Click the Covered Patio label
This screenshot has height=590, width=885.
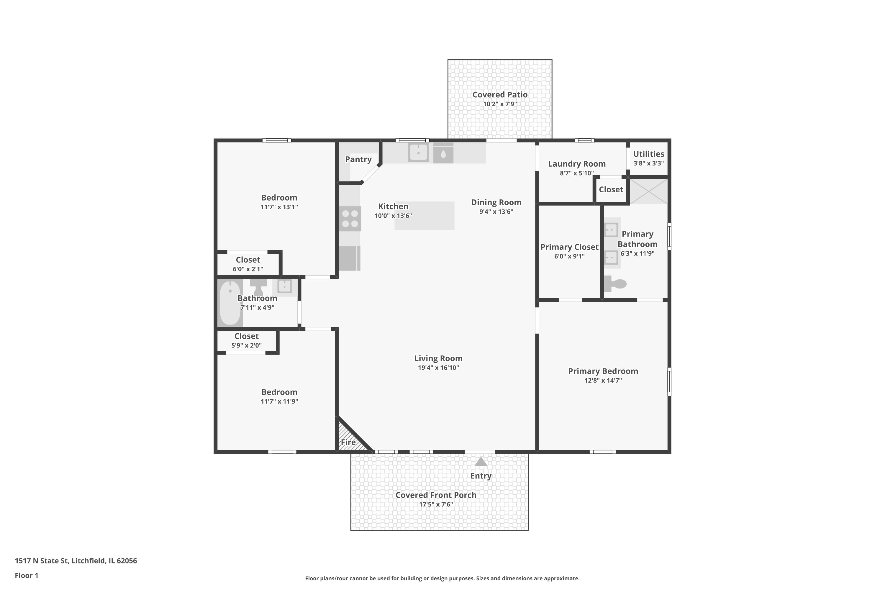pos(500,95)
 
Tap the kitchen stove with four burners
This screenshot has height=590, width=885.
pos(350,219)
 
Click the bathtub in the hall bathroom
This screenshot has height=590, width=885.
pos(230,303)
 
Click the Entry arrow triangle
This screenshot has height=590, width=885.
pos(481,462)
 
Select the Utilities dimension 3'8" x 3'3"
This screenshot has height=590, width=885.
pos(648,163)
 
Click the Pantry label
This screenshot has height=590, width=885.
pos(358,159)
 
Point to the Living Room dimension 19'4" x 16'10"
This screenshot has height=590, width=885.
pos(438,368)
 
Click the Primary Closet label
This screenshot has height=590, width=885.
pos(569,247)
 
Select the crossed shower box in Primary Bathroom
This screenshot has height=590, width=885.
pos(648,191)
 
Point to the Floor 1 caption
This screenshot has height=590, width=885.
pos(26,575)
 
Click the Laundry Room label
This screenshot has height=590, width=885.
pos(576,164)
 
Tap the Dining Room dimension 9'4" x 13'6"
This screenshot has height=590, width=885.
pos(496,212)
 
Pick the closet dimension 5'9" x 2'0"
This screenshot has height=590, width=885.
pos(246,345)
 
